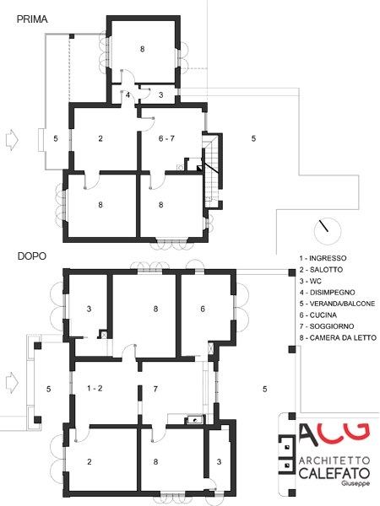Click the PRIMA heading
coord(32,19)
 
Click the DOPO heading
coord(32,256)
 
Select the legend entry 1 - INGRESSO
coord(323,258)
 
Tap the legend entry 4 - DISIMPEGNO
coord(327,293)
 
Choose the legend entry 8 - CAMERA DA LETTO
coord(338,338)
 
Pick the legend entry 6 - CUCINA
coord(318,315)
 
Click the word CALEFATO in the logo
coord(334,473)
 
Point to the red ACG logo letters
coord(334,434)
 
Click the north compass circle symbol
coord(328,231)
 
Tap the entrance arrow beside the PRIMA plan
coord(13,140)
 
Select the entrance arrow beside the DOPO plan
coord(13,382)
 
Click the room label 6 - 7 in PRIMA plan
coord(166,138)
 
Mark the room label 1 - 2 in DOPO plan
coord(95,388)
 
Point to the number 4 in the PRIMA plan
coord(128,95)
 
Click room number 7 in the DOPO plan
coord(155,389)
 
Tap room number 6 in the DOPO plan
coord(203,309)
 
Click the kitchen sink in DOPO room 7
coord(194,420)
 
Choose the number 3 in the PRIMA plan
coord(161,94)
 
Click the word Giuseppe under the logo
coord(356,483)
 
